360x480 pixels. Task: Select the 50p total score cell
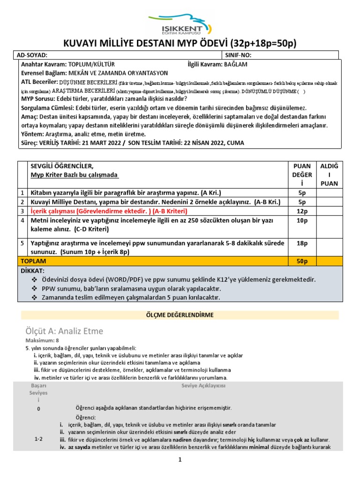coord(302,261)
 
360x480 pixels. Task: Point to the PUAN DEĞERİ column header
coord(302,174)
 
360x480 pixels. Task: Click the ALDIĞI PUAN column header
coord(328,174)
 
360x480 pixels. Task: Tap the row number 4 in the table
coord(22,220)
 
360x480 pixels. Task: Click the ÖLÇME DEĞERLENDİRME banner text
coord(180,315)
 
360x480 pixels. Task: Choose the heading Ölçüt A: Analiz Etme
coord(64,331)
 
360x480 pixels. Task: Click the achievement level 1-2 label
coord(38,439)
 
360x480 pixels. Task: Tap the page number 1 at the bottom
coord(179,460)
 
